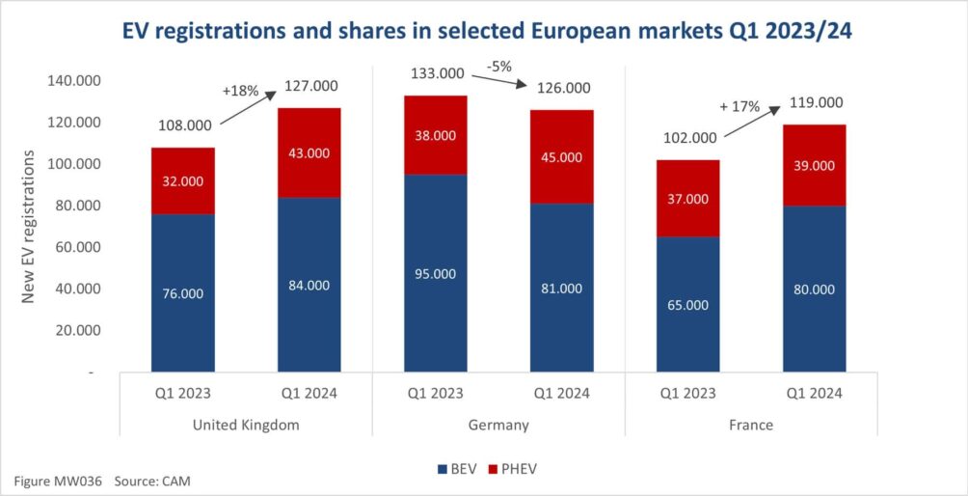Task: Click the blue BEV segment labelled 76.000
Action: [x=182, y=292]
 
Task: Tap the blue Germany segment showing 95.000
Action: [x=435, y=273]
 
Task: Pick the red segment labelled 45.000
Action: [x=561, y=156]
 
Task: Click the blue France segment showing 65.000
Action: [x=687, y=304]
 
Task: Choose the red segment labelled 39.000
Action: [x=814, y=165]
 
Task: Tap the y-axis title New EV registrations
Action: [x=29, y=226]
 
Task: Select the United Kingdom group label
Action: [x=246, y=424]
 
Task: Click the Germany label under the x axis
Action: [x=498, y=424]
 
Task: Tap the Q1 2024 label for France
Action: [x=814, y=393]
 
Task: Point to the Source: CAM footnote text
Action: [x=159, y=480]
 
